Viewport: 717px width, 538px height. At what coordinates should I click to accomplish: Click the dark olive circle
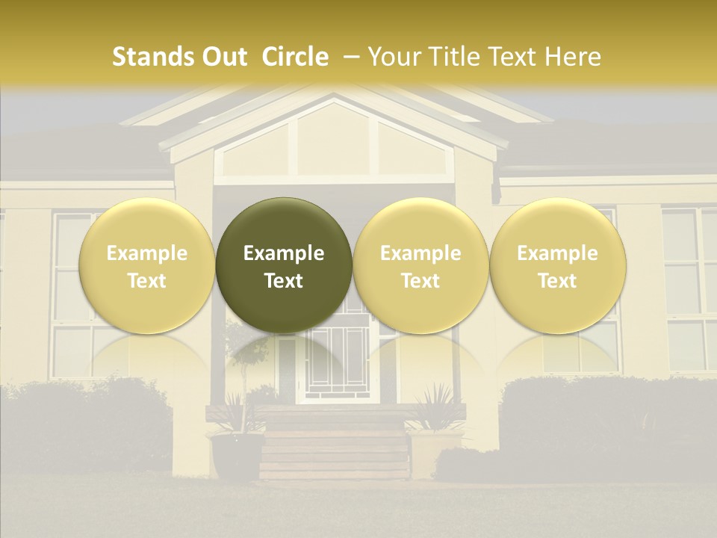click(x=284, y=265)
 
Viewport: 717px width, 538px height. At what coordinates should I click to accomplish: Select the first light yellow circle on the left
click(x=146, y=265)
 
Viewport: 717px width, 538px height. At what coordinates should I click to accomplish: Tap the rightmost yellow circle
click(x=557, y=265)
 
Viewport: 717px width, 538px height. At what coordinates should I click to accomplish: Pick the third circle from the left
click(x=420, y=265)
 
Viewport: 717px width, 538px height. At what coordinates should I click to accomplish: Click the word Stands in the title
click(x=153, y=57)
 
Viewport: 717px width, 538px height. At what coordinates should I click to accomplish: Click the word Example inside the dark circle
click(x=284, y=253)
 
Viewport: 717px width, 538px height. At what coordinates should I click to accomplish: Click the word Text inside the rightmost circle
click(x=557, y=281)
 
